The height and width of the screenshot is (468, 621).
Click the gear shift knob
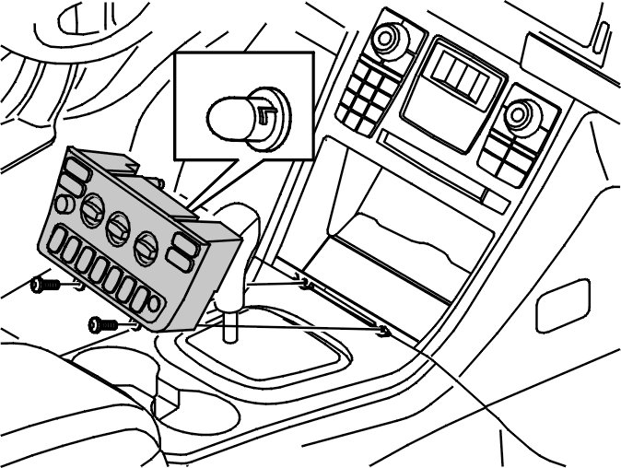[x=242, y=235]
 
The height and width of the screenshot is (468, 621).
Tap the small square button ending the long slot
[x=495, y=200]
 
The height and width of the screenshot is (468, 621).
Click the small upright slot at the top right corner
[x=601, y=34]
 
